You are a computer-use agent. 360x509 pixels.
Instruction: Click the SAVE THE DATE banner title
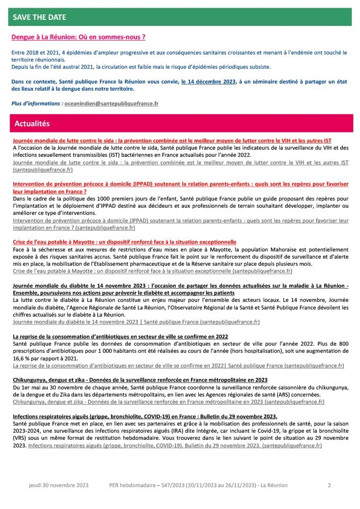(x=40, y=17)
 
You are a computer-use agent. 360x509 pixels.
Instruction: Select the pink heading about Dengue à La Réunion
(x=78, y=37)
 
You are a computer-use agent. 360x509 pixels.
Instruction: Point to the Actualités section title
(x=32, y=124)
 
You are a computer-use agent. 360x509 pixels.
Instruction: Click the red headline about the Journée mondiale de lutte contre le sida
(x=179, y=140)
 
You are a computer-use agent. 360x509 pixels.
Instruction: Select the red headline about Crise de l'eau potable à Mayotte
(x=124, y=242)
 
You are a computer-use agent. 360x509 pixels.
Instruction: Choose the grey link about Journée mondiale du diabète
(x=136, y=322)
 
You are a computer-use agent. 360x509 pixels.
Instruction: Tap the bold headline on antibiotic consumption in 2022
(x=120, y=337)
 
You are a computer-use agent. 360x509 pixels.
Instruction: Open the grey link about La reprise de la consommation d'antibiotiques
(x=178, y=365)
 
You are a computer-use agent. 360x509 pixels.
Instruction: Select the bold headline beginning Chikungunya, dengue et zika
(x=140, y=380)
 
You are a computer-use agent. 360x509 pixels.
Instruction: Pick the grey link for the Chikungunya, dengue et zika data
(x=168, y=402)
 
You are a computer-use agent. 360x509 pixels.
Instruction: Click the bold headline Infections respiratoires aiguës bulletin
(x=145, y=416)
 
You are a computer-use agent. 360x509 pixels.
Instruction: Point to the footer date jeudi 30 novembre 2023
(x=59, y=486)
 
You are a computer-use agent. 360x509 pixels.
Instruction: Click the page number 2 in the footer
(x=329, y=486)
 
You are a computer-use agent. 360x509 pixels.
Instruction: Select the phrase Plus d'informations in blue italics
(x=37, y=103)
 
